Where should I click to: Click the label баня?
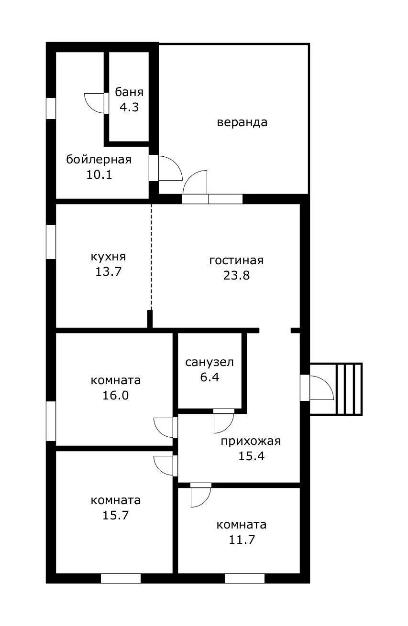tap(129, 92)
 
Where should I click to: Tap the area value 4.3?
tap(129, 107)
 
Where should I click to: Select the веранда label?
tap(242, 122)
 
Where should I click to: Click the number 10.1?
tap(99, 174)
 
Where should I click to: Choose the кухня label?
tap(111, 257)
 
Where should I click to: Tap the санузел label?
tap(210, 362)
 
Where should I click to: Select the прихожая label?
tap(251, 441)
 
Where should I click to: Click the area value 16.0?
tap(115, 395)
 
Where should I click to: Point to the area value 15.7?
tap(115, 515)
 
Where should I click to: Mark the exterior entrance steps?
tap(348, 389)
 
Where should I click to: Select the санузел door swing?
tap(223, 421)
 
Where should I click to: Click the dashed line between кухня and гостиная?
tap(152, 258)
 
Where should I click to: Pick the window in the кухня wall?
tap(51, 242)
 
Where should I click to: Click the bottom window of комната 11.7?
tap(244, 578)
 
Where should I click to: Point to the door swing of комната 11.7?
tap(200, 496)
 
